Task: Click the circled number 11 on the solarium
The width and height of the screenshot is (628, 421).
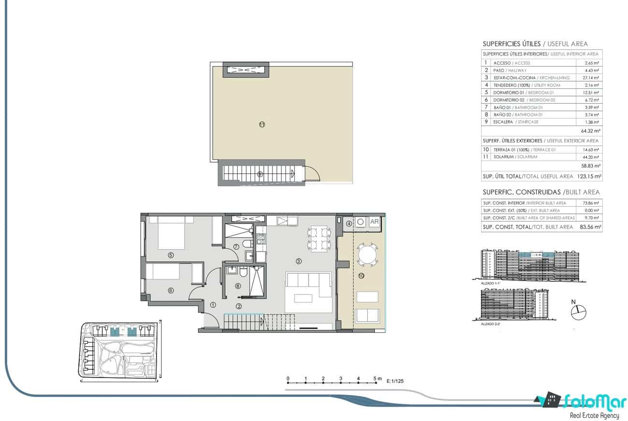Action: (262, 124)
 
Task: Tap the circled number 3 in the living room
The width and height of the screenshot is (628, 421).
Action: (299, 261)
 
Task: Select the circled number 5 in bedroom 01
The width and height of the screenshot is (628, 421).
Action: (171, 255)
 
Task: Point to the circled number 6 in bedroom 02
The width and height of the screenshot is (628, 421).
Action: (171, 290)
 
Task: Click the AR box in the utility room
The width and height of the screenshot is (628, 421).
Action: (374, 222)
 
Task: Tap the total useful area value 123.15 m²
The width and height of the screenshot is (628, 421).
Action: (589, 177)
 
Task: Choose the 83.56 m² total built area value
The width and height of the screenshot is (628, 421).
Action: (590, 226)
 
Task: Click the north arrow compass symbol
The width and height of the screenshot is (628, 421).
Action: (578, 313)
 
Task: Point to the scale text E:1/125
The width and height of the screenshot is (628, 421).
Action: (395, 381)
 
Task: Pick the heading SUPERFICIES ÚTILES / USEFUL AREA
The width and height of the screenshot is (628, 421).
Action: (535, 44)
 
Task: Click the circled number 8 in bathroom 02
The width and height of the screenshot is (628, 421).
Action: (238, 286)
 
